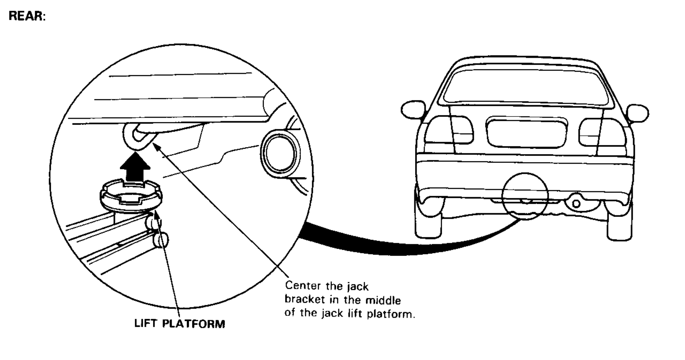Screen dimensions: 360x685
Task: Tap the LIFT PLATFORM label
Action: coord(179,324)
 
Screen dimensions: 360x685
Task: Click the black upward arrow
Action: coord(135,167)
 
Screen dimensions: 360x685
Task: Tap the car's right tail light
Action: coord(602,132)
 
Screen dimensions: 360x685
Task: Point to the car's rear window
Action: coord(526,86)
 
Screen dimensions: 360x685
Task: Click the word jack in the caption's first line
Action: coord(358,286)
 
